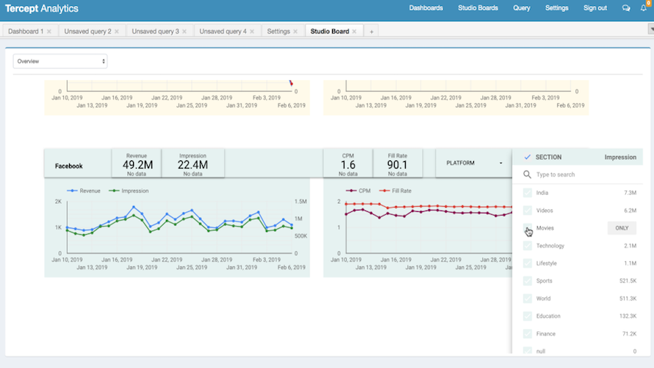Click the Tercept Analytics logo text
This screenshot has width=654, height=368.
[42, 8]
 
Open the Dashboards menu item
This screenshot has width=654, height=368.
[425, 8]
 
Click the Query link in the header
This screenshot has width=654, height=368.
[522, 8]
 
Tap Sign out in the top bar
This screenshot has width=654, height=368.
[594, 8]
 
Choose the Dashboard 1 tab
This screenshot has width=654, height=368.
[26, 32]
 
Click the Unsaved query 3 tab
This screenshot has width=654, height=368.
[153, 32]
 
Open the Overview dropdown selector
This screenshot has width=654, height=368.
[60, 61]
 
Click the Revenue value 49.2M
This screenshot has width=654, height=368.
[136, 165]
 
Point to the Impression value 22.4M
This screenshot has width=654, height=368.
[192, 165]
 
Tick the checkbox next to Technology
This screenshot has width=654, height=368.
[527, 246]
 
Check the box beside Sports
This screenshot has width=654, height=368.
[527, 281]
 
